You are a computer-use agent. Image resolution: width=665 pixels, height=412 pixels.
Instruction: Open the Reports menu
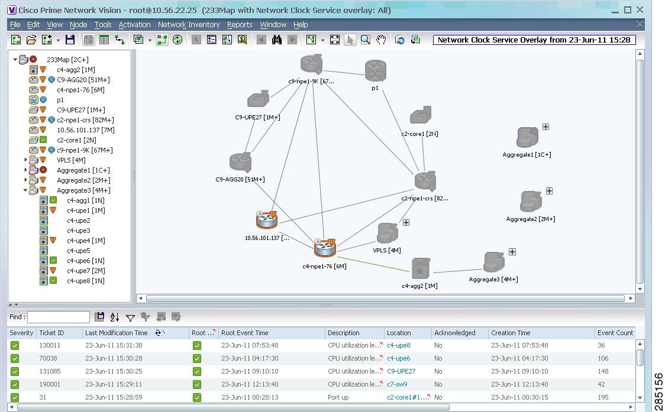[239, 25]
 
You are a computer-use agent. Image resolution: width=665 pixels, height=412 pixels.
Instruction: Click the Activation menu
[134, 25]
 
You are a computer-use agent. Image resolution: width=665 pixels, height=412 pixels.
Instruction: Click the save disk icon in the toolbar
[70, 40]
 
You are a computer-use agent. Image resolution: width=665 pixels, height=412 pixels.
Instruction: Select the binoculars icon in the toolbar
[276, 40]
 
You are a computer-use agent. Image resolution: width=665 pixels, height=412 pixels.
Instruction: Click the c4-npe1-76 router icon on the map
[325, 248]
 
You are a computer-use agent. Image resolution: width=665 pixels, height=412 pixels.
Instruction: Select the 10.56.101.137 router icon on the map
[267, 219]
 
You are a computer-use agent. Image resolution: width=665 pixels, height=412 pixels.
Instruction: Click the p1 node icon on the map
[375, 70]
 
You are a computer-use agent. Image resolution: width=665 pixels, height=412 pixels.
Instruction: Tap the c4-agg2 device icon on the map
[420, 269]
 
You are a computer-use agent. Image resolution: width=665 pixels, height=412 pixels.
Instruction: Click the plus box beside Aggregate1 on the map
[546, 126]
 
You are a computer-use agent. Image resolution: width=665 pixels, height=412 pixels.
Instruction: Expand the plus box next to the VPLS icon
[406, 222]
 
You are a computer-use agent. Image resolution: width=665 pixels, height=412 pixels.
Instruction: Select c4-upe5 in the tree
[79, 251]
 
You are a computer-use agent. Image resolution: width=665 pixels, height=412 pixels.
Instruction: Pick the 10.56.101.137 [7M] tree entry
[86, 130]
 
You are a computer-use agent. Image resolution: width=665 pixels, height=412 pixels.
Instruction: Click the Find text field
[59, 317]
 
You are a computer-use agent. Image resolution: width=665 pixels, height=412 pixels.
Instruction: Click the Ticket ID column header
[51, 333]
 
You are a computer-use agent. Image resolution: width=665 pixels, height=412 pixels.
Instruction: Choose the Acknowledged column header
[454, 333]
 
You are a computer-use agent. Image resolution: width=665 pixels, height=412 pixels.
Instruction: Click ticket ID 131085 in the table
[50, 371]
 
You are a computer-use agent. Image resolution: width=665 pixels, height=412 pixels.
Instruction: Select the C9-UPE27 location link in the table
[401, 371]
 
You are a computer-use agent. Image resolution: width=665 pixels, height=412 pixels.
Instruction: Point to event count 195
[603, 397]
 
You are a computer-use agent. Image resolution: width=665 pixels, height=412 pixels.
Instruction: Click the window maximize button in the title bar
[628, 9]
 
